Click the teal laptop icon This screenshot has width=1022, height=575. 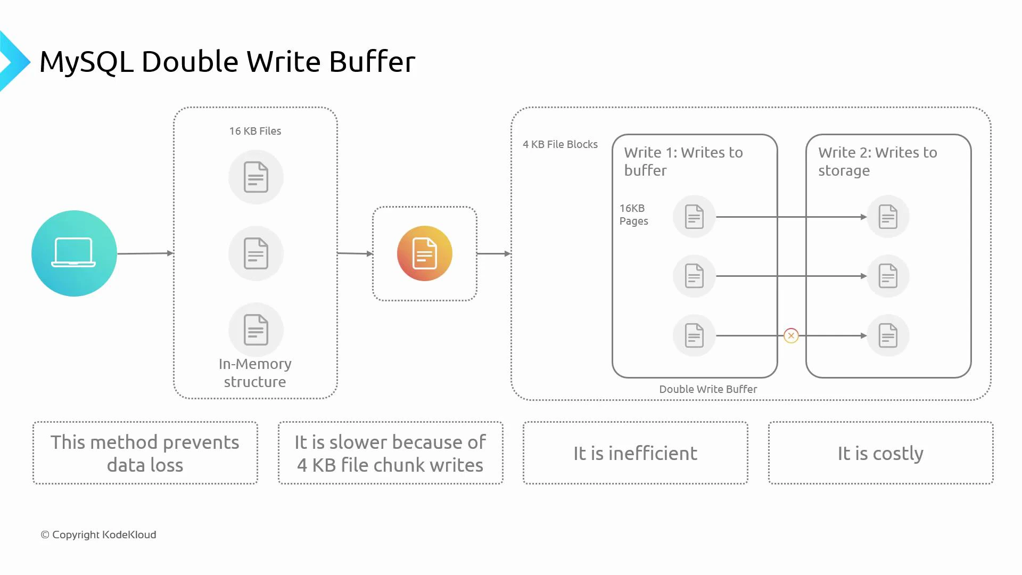click(x=74, y=253)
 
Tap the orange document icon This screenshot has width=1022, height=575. click(x=424, y=253)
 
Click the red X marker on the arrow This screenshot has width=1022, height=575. click(x=791, y=335)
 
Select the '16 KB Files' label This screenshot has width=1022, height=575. click(x=255, y=131)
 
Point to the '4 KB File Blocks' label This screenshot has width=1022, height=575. click(x=560, y=144)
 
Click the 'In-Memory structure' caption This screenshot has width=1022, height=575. click(x=255, y=373)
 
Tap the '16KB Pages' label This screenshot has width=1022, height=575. click(x=633, y=215)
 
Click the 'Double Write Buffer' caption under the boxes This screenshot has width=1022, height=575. click(x=708, y=389)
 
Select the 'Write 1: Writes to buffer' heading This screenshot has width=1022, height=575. click(x=683, y=161)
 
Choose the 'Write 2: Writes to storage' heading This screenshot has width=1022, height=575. click(x=877, y=161)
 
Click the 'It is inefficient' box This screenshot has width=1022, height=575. click(x=635, y=453)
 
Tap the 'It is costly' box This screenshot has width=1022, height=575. click(x=880, y=453)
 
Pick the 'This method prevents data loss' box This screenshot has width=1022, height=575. click(x=145, y=453)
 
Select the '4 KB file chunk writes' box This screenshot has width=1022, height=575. click(x=390, y=453)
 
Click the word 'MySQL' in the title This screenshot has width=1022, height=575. click(x=86, y=62)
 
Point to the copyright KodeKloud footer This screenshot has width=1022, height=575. click(x=98, y=535)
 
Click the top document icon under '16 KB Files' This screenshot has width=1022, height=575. click(x=256, y=177)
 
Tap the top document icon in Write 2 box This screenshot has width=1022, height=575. click(x=888, y=217)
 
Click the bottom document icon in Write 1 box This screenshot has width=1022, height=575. click(x=694, y=335)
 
